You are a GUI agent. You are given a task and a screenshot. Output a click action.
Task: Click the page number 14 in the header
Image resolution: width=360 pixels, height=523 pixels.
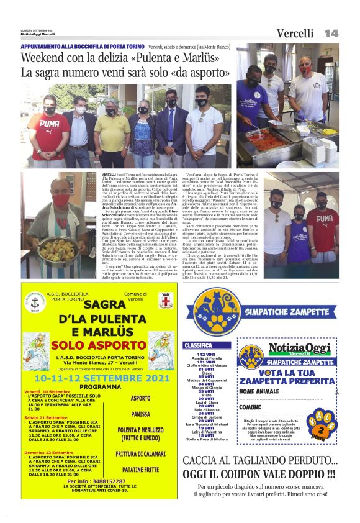click(x=331, y=33)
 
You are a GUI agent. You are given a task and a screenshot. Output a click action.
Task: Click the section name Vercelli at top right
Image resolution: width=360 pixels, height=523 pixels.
click(x=295, y=34)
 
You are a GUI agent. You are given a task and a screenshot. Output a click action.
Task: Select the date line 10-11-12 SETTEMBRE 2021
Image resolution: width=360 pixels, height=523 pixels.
click(x=94, y=377)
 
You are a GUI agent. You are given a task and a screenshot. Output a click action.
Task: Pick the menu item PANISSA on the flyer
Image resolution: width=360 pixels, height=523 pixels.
click(x=141, y=412)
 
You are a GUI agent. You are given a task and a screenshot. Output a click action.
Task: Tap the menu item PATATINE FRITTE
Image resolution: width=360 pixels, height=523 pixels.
click(x=141, y=470)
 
